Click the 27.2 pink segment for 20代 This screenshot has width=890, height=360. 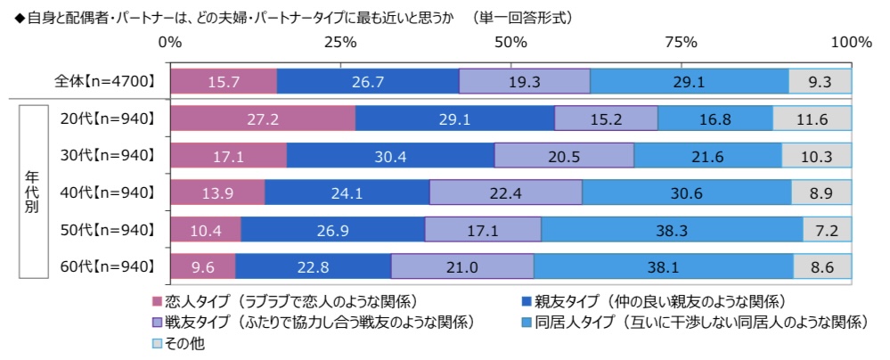point(262,119)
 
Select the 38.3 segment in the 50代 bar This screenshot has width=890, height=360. point(672,230)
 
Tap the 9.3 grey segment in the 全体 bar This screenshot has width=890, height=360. point(820,81)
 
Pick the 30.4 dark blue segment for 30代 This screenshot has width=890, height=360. point(390,156)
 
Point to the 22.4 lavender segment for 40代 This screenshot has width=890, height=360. point(506,192)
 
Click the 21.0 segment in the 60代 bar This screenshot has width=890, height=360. point(462,266)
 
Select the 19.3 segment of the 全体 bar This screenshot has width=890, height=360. point(525,81)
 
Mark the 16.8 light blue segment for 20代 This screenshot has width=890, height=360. point(715,119)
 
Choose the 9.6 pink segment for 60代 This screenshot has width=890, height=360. point(202,266)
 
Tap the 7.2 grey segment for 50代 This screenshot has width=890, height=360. point(827,230)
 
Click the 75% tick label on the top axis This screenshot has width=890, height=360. point(681,42)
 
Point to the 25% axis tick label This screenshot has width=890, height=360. point(340,42)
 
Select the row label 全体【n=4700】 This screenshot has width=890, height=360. point(106,81)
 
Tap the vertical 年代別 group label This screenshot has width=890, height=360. point(31,192)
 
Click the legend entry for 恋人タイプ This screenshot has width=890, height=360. point(286,301)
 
